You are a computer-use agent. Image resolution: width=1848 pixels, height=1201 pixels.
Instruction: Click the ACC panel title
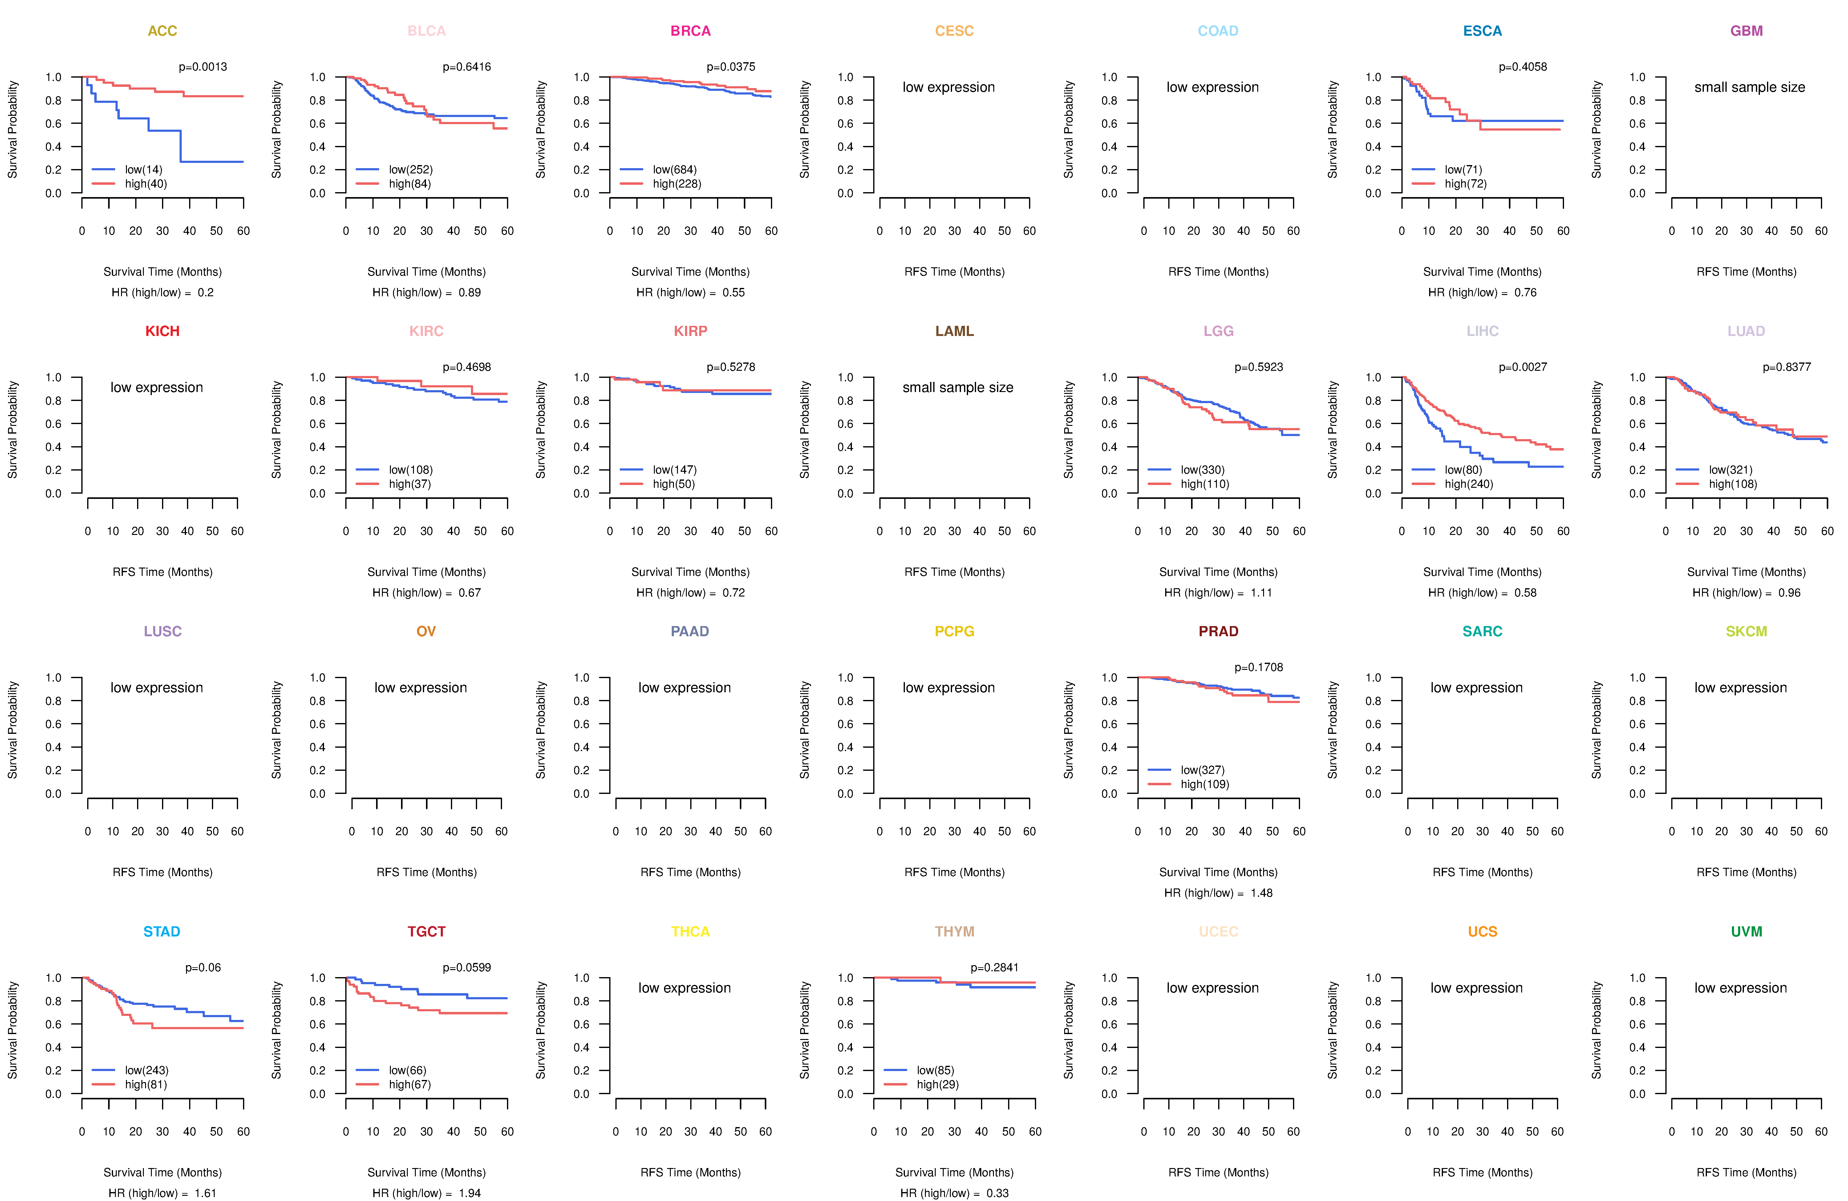[x=162, y=31]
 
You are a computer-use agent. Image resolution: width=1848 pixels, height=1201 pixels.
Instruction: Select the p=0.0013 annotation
[x=203, y=67]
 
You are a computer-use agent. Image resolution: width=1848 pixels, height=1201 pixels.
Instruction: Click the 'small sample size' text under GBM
[x=1749, y=87]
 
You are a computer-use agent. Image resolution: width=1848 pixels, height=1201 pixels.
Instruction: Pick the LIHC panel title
[x=1482, y=331]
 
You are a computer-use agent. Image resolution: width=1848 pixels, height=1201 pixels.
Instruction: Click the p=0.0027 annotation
[x=1523, y=367]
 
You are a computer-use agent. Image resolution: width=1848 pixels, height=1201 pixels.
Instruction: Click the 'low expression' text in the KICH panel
[x=157, y=387]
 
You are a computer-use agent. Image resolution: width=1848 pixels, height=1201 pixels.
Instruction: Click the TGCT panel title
[x=426, y=932]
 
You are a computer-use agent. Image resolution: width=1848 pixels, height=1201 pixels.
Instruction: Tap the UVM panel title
[x=1746, y=932]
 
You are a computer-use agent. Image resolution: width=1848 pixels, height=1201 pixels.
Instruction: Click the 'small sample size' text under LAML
[x=957, y=387]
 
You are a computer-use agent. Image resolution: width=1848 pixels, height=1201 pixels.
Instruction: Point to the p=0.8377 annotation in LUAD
[x=1787, y=367]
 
